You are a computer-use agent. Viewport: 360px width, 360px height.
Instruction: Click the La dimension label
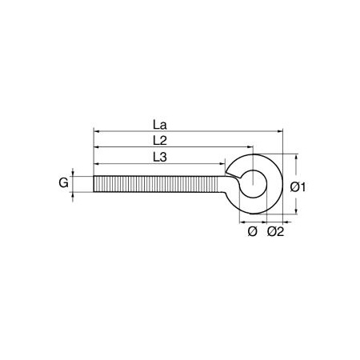pos(160,125)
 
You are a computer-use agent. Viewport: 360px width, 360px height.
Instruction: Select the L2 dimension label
pos(160,141)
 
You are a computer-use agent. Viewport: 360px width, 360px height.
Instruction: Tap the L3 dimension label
pos(160,157)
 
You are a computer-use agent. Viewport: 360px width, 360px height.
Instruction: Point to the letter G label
pos(63,183)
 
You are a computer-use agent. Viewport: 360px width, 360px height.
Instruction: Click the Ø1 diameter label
pos(298,187)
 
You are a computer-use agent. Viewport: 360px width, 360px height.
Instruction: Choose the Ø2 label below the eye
pos(276,231)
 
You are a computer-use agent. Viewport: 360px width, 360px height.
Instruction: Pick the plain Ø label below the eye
pos(252,231)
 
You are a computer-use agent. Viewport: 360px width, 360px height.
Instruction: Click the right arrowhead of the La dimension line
pos(280,131)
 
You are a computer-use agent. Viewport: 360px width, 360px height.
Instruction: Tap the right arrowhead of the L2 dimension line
pos(250,146)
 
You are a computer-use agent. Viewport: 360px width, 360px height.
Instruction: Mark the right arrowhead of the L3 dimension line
pos(222,164)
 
